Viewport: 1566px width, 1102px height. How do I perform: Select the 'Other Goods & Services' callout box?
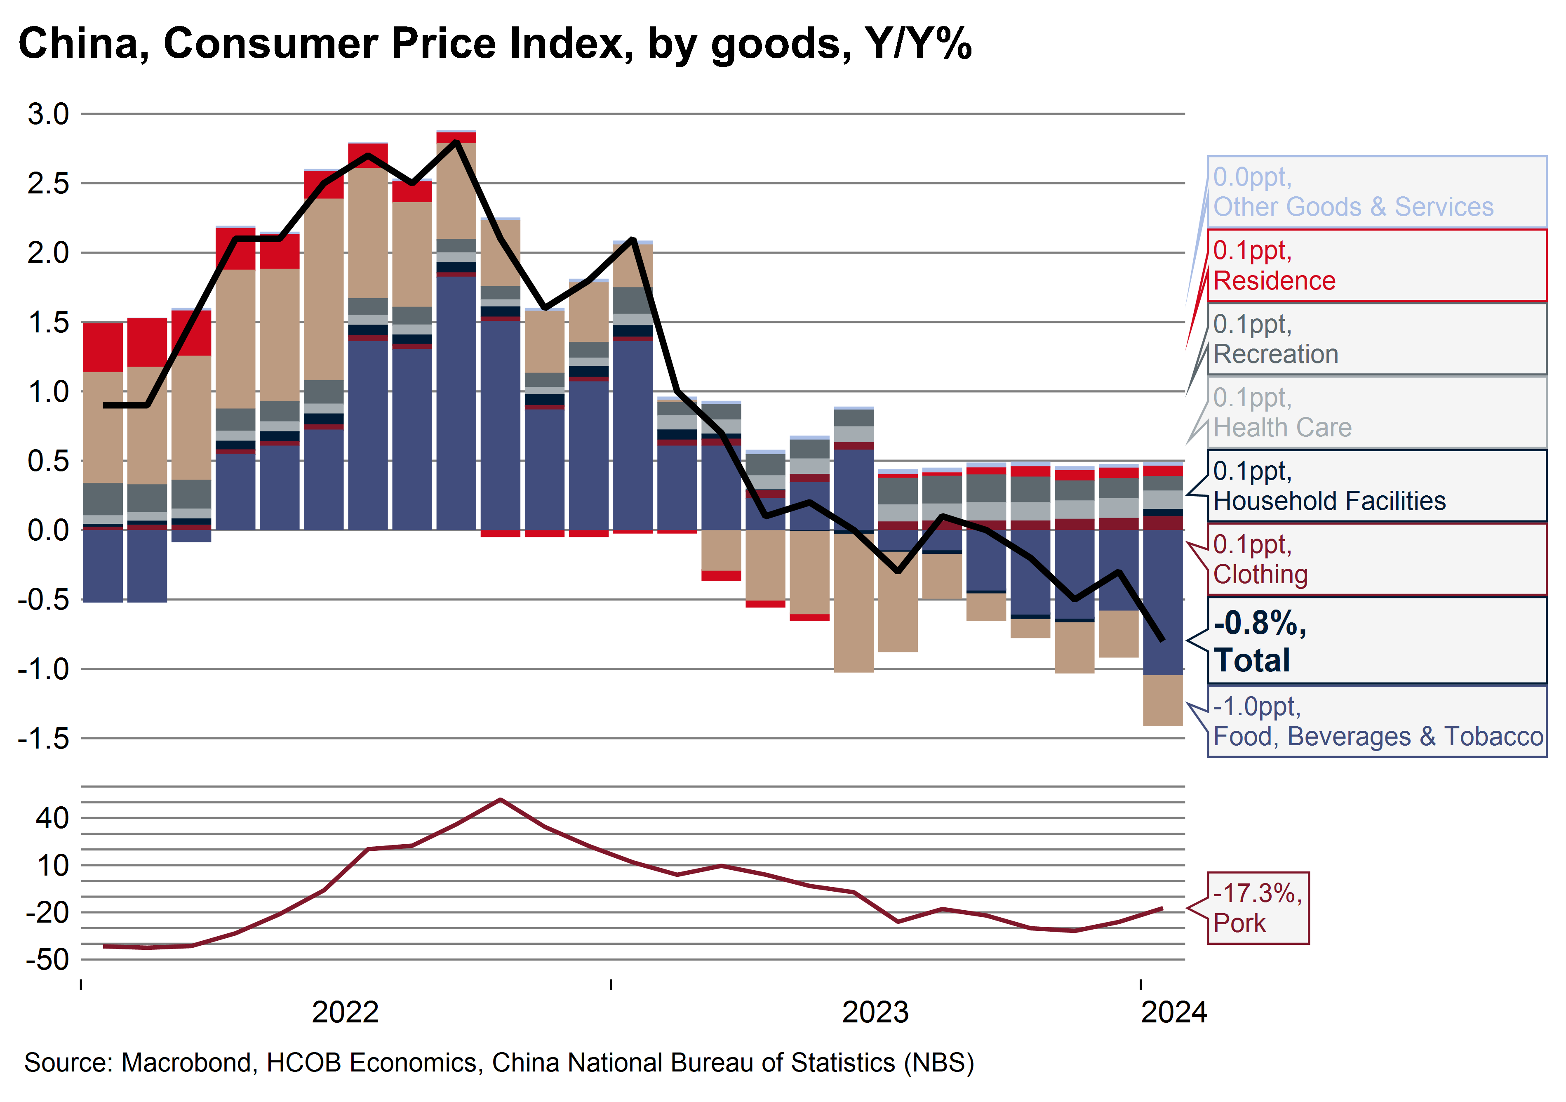1376,192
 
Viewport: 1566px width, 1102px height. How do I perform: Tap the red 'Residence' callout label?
1376,266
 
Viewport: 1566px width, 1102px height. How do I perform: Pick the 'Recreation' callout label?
1376,339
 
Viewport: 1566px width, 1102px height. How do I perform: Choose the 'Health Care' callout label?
1376,413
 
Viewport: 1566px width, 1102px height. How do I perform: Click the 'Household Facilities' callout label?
1376,486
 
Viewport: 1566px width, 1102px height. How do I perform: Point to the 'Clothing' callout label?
1376,560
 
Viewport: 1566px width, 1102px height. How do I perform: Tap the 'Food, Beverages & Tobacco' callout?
1376,721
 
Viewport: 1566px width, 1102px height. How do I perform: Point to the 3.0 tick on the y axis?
48,114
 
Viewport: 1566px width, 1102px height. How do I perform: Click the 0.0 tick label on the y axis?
48,530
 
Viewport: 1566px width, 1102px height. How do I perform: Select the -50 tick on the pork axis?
48,959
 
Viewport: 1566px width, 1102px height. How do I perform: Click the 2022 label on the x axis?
345,1012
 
